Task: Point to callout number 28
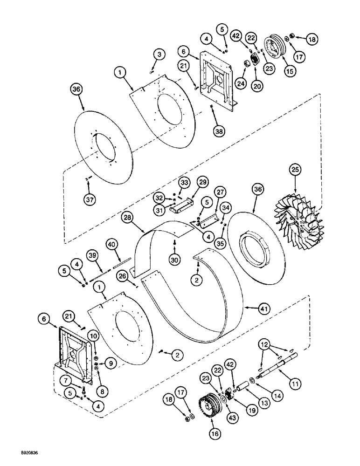click(127, 217)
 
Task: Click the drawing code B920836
click(21, 452)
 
